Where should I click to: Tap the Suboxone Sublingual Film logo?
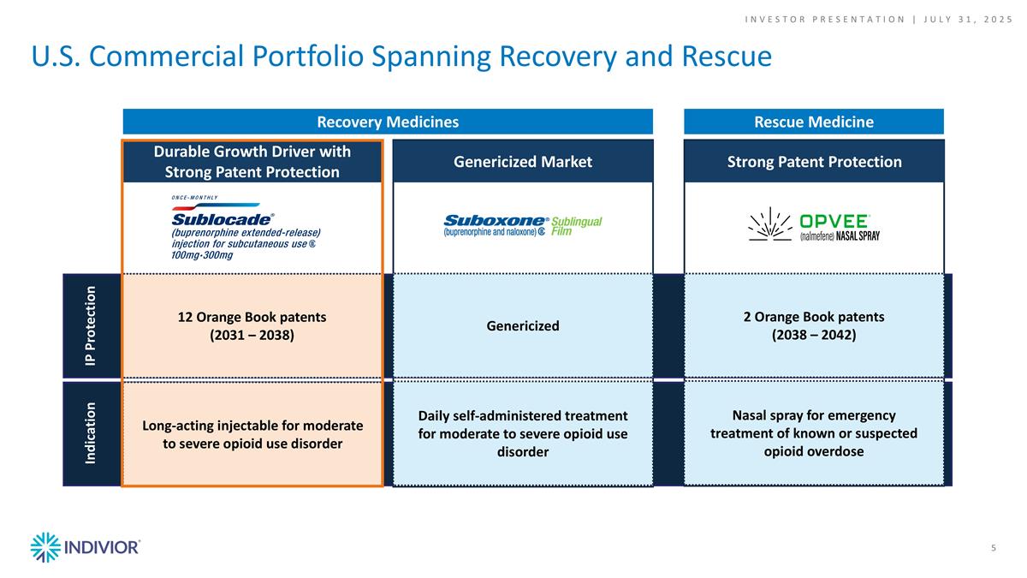pyautogui.click(x=522, y=226)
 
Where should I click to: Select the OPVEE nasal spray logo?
pyautogui.click(x=813, y=226)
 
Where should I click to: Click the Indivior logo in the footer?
pyautogui.click(x=85, y=547)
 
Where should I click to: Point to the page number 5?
pyautogui.click(x=993, y=548)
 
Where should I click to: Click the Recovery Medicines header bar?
pyautogui.click(x=388, y=122)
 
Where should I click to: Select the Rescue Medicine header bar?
pyautogui.click(x=813, y=122)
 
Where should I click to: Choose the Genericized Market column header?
pyautogui.click(x=522, y=161)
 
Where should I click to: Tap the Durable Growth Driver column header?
pyautogui.click(x=252, y=161)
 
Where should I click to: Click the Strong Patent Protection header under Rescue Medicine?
pyautogui.click(x=813, y=161)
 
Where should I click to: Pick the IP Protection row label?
pyautogui.click(x=91, y=325)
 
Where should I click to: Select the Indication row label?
pyautogui.click(x=91, y=433)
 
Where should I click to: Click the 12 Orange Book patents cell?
pyautogui.click(x=252, y=325)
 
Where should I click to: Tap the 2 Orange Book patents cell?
pyautogui.click(x=813, y=325)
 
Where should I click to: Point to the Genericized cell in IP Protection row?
pyautogui.click(x=522, y=325)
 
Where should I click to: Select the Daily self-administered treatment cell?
pyautogui.click(x=522, y=433)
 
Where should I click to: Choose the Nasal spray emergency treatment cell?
pyautogui.click(x=813, y=433)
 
